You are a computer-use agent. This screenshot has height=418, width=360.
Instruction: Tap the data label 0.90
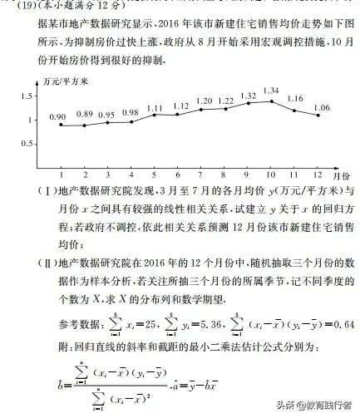(57, 118)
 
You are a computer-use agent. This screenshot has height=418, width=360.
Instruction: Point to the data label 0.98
(131, 113)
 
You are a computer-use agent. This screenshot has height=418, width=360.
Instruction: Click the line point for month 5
(155, 115)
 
